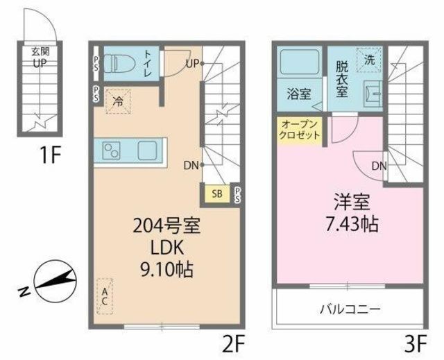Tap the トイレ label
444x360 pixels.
coord(148,63)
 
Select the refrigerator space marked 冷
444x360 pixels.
coord(119,101)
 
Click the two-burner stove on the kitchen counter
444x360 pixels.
coord(111,151)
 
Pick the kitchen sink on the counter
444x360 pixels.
coord(147,151)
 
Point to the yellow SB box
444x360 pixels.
coord(217,194)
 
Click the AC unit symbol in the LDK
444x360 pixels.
coord(105,296)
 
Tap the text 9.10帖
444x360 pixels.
coord(166,270)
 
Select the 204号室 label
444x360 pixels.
coord(166,226)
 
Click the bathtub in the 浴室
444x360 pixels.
coord(299,62)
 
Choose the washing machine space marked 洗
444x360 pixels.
coord(369,60)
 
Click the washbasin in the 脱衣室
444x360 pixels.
coord(373,92)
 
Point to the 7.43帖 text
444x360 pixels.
coord(352,224)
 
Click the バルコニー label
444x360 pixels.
coord(350,309)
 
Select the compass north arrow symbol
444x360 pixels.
coord(55,281)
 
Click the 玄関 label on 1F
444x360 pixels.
coord(40,52)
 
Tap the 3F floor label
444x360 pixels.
coord(416,343)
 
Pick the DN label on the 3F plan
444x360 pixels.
coord(379,166)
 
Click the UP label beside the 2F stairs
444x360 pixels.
coord(193,64)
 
